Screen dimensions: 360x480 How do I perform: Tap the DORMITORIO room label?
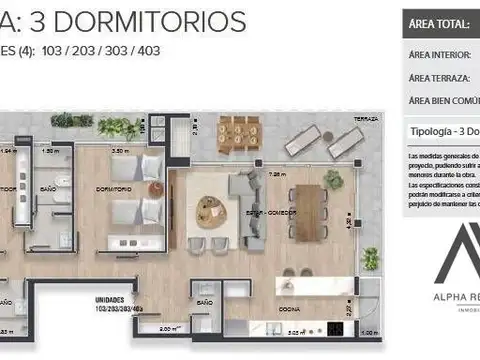(x=115, y=187)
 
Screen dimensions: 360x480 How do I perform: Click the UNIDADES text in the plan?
(x=109, y=297)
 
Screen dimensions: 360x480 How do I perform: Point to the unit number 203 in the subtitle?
(x=85, y=49)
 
